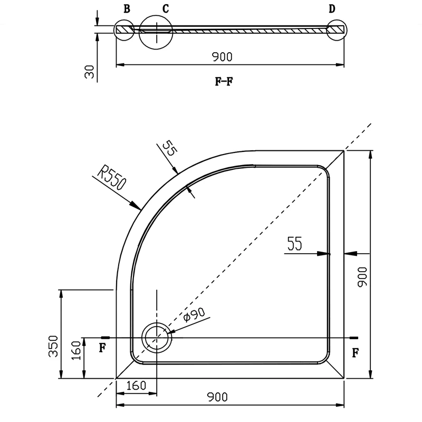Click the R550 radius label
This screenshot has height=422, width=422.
(x=111, y=177)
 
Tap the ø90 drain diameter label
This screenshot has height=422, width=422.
(x=194, y=314)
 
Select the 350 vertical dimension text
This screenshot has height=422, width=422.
(x=53, y=347)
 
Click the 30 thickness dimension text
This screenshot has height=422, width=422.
(x=90, y=72)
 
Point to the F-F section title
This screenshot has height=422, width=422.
(x=224, y=81)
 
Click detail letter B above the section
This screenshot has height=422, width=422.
(x=127, y=9)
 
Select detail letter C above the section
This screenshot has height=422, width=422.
(x=166, y=9)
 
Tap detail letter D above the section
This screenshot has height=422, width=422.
(x=332, y=9)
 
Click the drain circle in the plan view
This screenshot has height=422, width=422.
(x=156, y=323)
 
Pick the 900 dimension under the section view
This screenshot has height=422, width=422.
(x=222, y=57)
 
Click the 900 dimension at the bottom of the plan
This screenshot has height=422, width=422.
(x=217, y=397)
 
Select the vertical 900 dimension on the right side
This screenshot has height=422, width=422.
(x=362, y=276)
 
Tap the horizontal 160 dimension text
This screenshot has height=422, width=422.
(x=136, y=386)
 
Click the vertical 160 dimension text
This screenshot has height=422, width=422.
(x=76, y=350)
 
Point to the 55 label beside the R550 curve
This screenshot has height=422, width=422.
(x=170, y=148)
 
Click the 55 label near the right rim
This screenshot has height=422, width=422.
(x=295, y=243)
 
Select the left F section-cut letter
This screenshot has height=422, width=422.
(x=102, y=348)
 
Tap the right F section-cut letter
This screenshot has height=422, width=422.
(x=356, y=352)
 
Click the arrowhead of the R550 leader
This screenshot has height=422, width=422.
(x=136, y=205)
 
